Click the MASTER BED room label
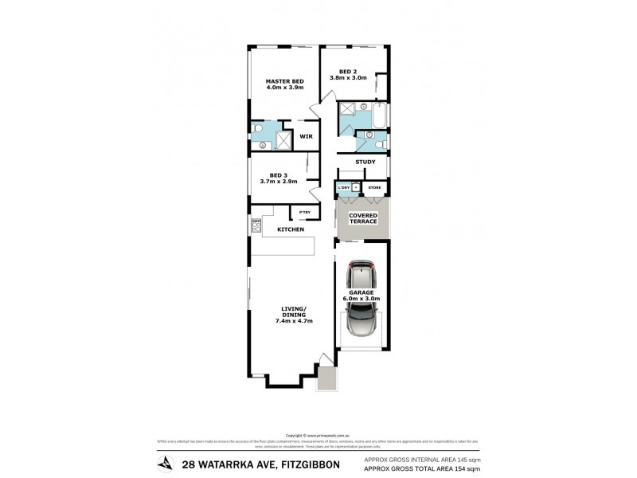click(284, 81)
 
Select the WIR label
click(305, 137)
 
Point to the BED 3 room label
click(278, 174)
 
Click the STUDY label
click(365, 163)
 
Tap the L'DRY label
click(343, 188)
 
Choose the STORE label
click(374, 188)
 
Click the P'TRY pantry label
click(304, 212)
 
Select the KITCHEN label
click(291, 229)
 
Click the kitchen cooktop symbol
click(256, 226)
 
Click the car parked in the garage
click(362, 299)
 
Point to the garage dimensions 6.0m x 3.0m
click(362, 299)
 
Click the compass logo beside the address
click(166, 463)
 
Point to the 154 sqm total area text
click(462, 470)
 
